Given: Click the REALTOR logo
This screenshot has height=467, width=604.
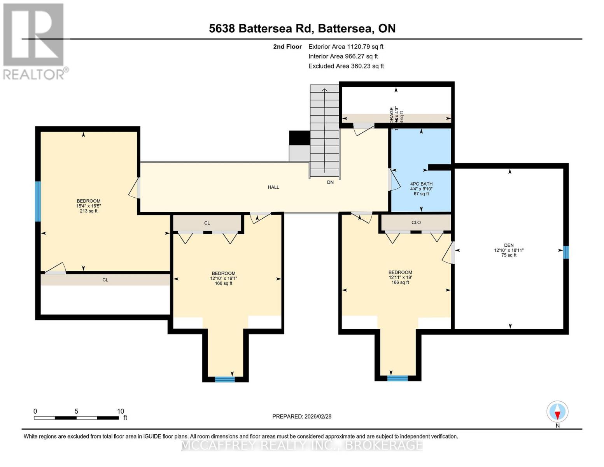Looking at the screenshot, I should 34,41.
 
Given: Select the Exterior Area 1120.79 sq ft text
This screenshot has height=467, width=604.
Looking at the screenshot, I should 346,47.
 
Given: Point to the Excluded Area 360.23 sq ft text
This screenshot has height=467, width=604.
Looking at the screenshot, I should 346,66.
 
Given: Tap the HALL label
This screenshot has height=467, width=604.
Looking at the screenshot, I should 273,187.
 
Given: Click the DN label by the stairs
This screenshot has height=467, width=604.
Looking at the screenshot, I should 330,182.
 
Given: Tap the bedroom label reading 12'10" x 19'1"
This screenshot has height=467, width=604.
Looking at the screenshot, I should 224,278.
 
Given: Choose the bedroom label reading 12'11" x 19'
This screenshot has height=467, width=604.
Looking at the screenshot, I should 400,277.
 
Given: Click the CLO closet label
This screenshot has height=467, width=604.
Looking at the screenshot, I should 416,223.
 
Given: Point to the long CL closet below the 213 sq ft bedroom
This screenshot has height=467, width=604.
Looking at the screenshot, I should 105,280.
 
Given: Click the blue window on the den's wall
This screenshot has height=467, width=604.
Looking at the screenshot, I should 566,253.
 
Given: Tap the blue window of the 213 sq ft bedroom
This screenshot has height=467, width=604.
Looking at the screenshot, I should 38,202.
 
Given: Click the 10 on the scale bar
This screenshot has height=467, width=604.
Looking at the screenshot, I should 121,411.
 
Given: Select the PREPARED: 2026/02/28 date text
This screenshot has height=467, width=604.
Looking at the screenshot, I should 302,416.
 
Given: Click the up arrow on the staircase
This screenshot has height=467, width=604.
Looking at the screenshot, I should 324,90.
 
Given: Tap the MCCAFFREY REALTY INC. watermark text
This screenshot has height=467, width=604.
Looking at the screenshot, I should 302,445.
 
